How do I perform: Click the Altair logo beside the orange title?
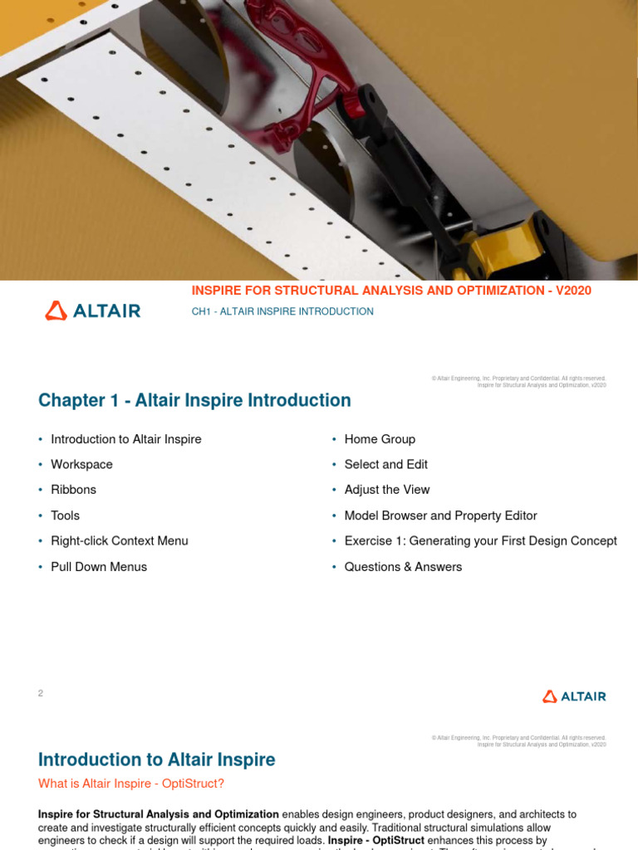92,311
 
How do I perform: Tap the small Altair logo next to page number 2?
574,696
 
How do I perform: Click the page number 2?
41,693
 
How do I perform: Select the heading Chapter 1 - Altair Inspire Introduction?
194,400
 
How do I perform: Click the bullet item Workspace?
81,464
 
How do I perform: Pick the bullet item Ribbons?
73,490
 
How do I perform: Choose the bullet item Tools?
65,515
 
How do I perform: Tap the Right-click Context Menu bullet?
119,540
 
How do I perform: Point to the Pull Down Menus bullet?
98,566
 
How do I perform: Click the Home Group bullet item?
380,439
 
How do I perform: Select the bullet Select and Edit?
385,464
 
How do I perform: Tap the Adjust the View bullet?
386,490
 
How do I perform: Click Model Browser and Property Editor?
440,515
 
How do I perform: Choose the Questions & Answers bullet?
403,566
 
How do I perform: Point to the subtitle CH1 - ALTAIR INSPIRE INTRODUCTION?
282,311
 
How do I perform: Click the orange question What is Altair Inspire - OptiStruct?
131,783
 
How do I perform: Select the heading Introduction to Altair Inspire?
156,759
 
